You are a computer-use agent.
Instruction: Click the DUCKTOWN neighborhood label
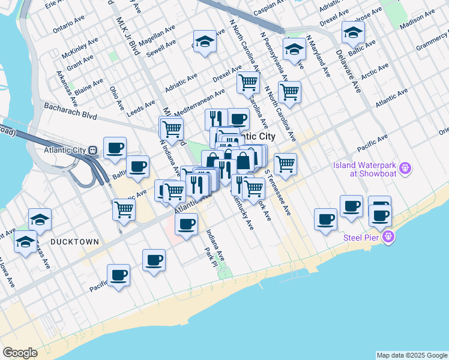point(74,241)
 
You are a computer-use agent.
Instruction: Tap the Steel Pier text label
point(363,238)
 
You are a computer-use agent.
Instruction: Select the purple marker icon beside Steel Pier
point(389,238)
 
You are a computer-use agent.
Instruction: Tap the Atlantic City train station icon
point(92,150)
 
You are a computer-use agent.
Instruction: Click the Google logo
point(20,353)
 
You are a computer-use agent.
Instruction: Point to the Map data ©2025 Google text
point(412,355)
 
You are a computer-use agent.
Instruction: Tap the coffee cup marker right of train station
point(115,147)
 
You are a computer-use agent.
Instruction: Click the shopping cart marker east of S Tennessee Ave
point(285,163)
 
